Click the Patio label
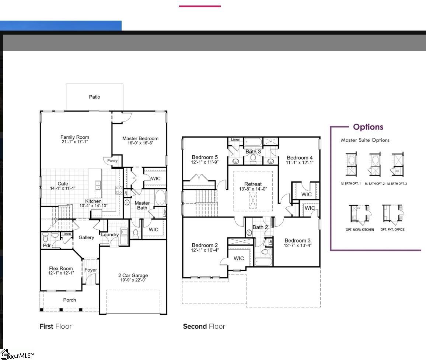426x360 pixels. pos(94,97)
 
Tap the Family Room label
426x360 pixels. pos(75,137)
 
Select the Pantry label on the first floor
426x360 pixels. pos(112,161)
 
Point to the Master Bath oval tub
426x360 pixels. pos(160,198)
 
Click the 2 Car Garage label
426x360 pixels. pos(133,275)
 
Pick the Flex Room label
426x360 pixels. pos(61,268)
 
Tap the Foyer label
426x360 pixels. pos(91,270)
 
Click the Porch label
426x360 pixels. pos(69,300)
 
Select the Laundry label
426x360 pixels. pos(110,234)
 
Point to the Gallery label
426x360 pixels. pos(86,237)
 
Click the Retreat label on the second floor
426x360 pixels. pos(253,184)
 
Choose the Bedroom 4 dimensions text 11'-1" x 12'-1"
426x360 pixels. pos(300,162)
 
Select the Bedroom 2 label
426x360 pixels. pos(205,245)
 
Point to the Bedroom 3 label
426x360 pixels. pos(297,241)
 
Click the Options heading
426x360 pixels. pos(368,127)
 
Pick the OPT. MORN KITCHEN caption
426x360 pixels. pos(360,230)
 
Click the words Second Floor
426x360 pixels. pos(204,326)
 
